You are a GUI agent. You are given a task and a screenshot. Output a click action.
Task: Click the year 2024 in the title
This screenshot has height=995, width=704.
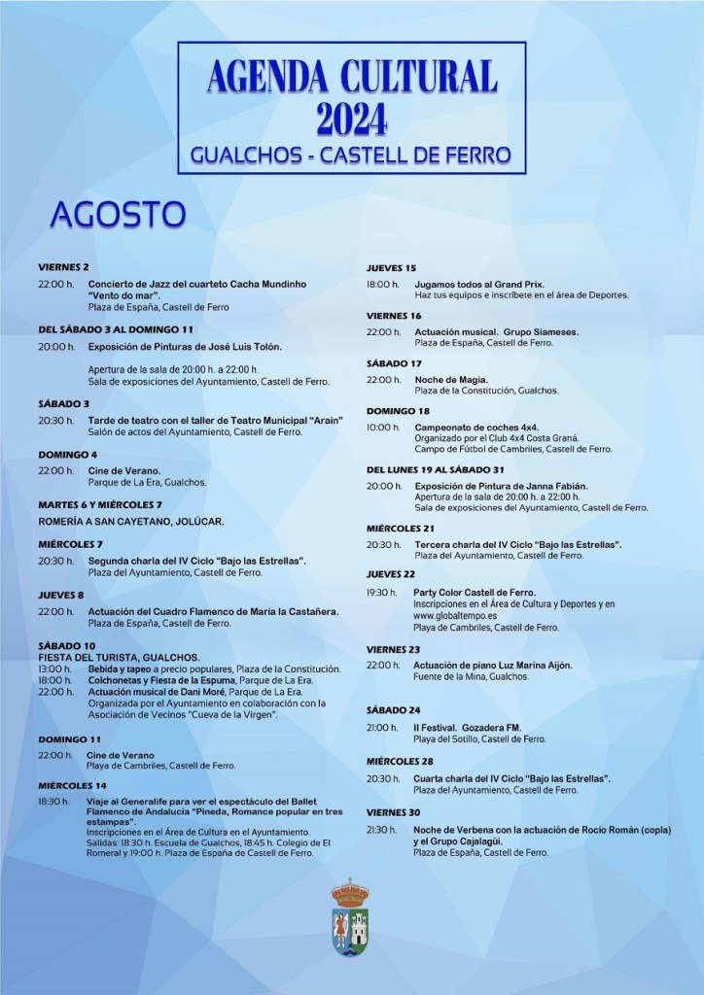click(352, 118)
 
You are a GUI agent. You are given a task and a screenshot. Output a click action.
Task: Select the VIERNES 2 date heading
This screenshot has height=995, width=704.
click(64, 266)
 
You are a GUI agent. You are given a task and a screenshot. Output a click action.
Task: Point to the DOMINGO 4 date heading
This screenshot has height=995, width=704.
click(68, 454)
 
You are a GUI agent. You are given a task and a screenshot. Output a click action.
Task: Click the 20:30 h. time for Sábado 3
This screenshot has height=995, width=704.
click(55, 420)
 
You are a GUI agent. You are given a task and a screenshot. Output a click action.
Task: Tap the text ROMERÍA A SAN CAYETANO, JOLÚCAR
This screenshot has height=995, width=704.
click(131, 521)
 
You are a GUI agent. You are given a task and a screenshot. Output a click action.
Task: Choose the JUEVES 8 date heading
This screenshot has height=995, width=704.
click(61, 595)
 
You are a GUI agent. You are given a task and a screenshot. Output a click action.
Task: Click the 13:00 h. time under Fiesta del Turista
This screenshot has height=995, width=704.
click(55, 669)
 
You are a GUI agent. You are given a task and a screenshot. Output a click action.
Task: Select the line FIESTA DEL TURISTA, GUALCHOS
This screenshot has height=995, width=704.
click(119, 658)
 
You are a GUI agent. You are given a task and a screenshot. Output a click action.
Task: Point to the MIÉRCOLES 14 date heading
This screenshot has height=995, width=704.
click(73, 784)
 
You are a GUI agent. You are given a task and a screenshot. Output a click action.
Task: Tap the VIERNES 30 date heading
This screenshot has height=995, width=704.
click(394, 811)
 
